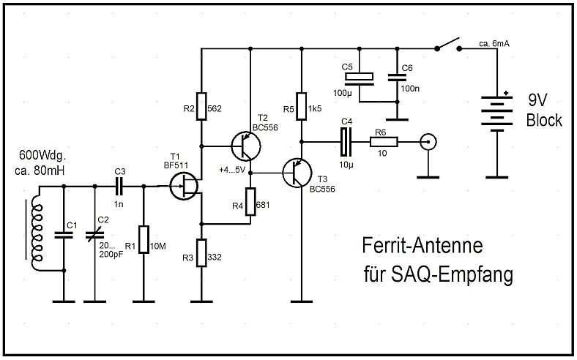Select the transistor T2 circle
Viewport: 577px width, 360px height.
244,146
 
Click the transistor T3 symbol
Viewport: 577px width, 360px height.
299,173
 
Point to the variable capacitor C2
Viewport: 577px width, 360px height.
95,235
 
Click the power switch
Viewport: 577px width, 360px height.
448,44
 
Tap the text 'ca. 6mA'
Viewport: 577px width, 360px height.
494,44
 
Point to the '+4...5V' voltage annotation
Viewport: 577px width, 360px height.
231,170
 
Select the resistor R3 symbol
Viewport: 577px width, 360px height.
201,252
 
